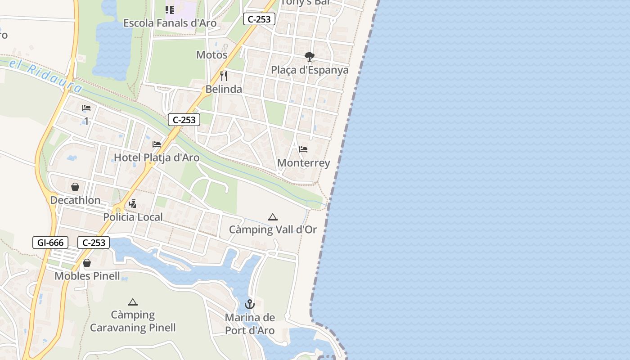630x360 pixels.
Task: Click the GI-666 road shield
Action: [50, 243]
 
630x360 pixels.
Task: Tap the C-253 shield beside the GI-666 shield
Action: [94, 243]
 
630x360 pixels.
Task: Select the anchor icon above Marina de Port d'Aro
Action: [250, 305]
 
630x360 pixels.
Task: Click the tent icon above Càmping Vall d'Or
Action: [273, 217]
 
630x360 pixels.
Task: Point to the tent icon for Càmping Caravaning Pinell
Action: [132, 302]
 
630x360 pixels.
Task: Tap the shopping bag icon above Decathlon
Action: [75, 187]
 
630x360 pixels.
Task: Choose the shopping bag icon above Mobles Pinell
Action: [87, 263]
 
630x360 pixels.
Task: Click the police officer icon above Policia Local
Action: [132, 204]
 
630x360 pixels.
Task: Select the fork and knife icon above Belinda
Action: [224, 76]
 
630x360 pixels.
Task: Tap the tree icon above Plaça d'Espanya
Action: [309, 57]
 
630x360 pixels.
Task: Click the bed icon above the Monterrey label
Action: [303, 149]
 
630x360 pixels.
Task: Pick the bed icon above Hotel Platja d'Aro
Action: [157, 144]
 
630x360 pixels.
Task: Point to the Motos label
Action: [211, 55]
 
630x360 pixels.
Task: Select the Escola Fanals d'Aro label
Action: [170, 23]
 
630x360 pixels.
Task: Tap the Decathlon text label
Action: [75, 200]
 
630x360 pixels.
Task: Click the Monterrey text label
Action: [304, 163]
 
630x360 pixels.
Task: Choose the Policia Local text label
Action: [133, 217]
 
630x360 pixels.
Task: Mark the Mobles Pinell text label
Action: [87, 276]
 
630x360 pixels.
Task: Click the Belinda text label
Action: [224, 89]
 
